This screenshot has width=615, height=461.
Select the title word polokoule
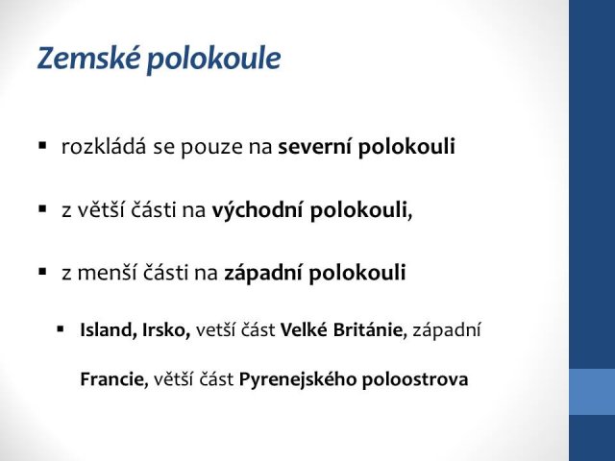(x=213, y=59)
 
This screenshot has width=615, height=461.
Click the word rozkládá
(x=104, y=146)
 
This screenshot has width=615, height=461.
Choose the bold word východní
(x=258, y=209)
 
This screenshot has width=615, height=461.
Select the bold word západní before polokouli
(x=263, y=273)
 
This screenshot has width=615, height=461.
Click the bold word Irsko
(x=166, y=329)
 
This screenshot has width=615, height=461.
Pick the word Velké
(x=304, y=329)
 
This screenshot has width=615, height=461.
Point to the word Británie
(x=370, y=330)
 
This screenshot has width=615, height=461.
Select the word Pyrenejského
(x=298, y=380)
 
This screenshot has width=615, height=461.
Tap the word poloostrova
(x=415, y=379)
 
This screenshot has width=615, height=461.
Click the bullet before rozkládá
(x=42, y=146)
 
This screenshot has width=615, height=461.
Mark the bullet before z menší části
(x=42, y=271)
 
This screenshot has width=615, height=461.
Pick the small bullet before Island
(x=60, y=328)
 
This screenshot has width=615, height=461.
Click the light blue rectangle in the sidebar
(x=592, y=392)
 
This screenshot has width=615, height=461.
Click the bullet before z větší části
(x=42, y=208)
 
